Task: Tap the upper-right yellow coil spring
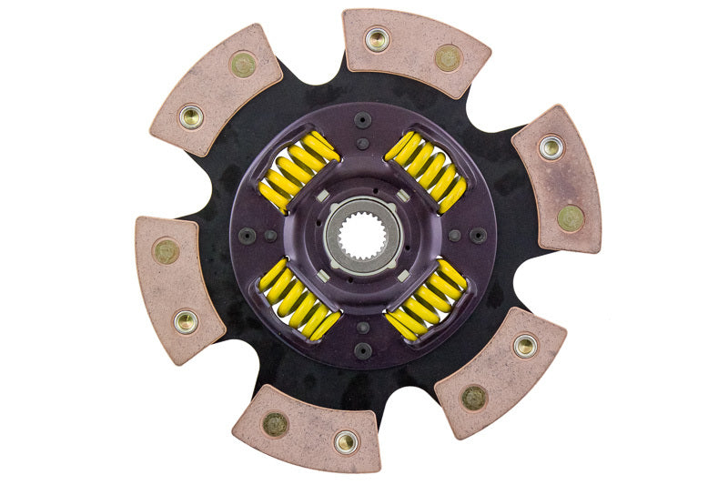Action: point(426,170)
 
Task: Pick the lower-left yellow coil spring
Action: point(299,298)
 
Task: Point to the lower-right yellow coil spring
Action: point(426,298)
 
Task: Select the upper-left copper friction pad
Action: point(217,89)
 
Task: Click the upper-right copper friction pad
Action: point(557,178)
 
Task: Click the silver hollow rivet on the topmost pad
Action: point(377,39)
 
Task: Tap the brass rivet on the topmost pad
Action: point(447,57)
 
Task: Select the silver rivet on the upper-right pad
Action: point(551,147)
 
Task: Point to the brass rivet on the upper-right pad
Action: point(571,217)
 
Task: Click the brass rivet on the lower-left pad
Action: point(166,251)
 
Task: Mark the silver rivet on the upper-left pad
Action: point(191,116)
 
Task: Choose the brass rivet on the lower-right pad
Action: point(474,397)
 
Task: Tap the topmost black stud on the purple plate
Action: point(362,120)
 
